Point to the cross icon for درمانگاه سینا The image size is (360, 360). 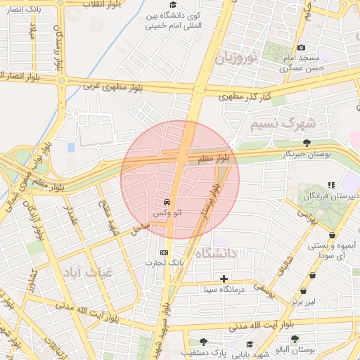224,278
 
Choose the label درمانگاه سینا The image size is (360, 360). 223,288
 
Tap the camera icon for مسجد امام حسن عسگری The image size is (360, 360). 302,47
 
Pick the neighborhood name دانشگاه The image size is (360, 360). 215,253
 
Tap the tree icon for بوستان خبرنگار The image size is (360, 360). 306,143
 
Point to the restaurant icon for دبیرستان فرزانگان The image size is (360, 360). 331,185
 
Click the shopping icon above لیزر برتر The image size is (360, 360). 303,291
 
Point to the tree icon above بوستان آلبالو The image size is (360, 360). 295,339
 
